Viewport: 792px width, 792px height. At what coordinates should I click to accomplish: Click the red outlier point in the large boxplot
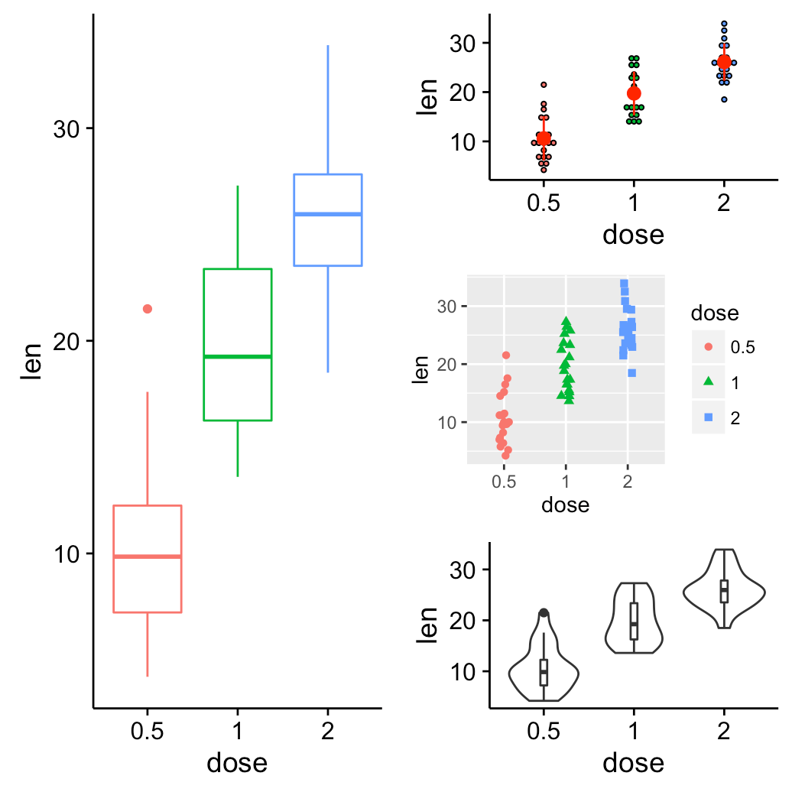148,309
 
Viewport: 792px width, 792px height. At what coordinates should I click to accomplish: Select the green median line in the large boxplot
238,356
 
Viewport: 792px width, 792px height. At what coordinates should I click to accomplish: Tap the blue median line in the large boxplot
328,214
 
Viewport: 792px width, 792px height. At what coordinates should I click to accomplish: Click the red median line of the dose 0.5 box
147,557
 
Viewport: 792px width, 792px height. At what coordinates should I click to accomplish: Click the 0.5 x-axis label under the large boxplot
147,731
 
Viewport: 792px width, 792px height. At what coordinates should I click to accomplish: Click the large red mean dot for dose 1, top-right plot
634,94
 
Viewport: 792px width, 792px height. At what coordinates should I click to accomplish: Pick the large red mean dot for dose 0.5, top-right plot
544,138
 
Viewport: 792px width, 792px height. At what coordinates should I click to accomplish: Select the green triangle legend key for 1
708,382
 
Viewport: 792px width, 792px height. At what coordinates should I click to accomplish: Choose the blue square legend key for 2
708,417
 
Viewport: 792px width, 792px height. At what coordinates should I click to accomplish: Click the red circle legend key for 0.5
708,347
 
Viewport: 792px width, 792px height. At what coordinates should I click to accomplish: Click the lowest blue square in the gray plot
632,373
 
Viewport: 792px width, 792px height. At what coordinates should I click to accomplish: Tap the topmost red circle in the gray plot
506,355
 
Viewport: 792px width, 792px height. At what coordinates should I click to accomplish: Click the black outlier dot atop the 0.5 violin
544,613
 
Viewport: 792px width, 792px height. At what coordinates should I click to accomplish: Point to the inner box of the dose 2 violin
725,592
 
